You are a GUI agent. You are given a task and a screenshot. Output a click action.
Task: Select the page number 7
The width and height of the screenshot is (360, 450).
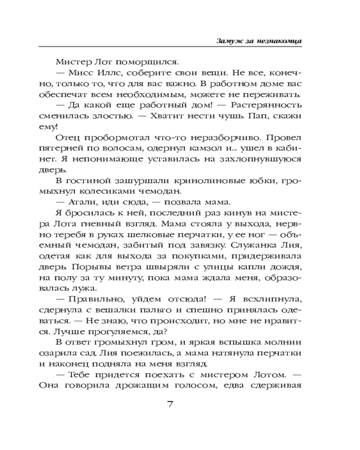coord(170,403)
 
